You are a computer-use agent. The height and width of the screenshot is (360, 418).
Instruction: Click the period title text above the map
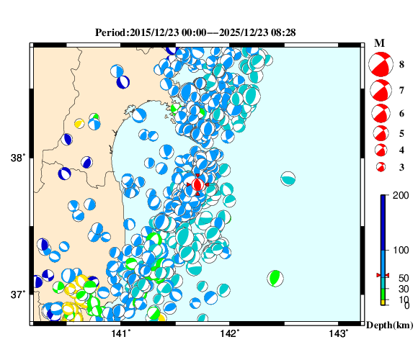tap(195, 32)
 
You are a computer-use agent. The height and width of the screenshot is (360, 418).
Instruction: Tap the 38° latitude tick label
tap(19, 158)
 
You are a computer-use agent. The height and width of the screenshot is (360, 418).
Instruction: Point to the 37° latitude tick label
tap(19, 294)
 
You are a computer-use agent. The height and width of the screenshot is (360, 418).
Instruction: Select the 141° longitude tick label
tap(120, 333)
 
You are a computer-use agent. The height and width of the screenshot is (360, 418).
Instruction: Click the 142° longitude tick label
tap(229, 333)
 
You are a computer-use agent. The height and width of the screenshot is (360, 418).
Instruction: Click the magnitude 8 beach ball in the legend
tap(380, 65)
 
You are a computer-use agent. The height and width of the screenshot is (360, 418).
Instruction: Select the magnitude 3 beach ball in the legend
tap(381, 167)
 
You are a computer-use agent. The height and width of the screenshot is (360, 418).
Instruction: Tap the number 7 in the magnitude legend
tap(402, 90)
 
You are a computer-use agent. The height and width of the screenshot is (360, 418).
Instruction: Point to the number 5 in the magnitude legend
tap(402, 133)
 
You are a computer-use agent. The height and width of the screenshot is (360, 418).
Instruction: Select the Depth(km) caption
tap(389, 325)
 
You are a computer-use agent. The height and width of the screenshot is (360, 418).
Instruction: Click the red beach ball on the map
tap(197, 184)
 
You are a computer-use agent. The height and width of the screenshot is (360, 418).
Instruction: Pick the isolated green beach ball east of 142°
tap(275, 278)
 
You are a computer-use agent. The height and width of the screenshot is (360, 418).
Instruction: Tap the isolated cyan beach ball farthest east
tap(288, 179)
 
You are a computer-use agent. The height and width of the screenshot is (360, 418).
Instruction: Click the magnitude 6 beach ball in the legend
tap(380, 113)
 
